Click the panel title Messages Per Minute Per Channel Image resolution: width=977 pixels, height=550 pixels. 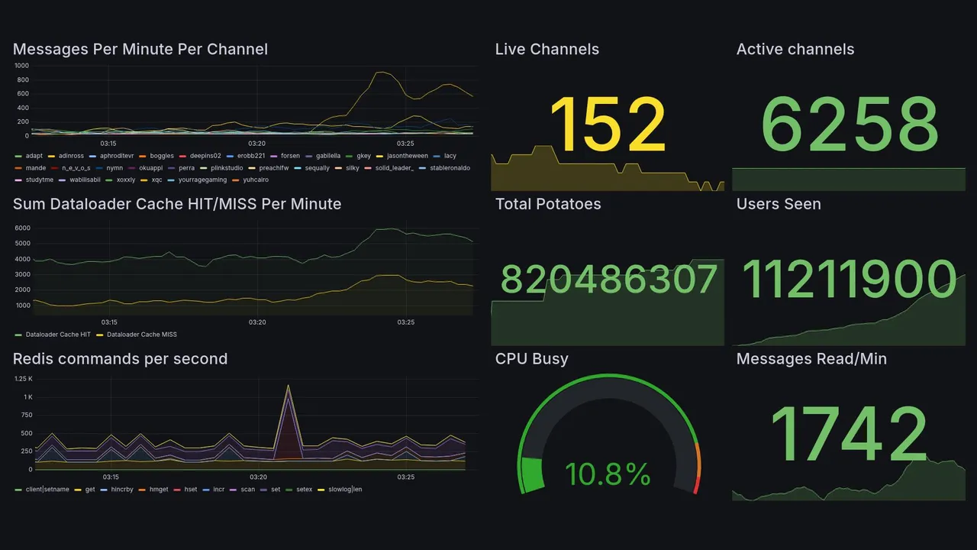click(140, 50)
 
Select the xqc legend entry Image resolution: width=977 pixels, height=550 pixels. click(156, 180)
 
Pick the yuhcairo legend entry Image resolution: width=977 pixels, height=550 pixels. click(255, 180)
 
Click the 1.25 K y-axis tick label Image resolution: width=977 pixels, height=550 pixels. click(23, 379)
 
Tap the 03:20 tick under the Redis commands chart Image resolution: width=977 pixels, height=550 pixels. click(257, 477)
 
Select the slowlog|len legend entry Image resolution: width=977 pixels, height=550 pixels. click(344, 489)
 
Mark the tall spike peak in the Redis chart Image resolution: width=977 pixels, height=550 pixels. click(288, 386)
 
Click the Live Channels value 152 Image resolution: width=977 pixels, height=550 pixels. click(608, 125)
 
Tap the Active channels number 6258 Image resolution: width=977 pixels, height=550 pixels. click(850, 125)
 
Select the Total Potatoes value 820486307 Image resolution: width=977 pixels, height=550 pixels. click(609, 280)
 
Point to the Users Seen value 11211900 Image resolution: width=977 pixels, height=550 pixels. click(850, 280)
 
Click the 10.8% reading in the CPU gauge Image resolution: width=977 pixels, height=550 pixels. click(608, 474)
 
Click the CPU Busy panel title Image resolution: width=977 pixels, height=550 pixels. click(532, 359)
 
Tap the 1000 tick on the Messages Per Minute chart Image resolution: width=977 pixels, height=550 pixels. click(21, 66)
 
